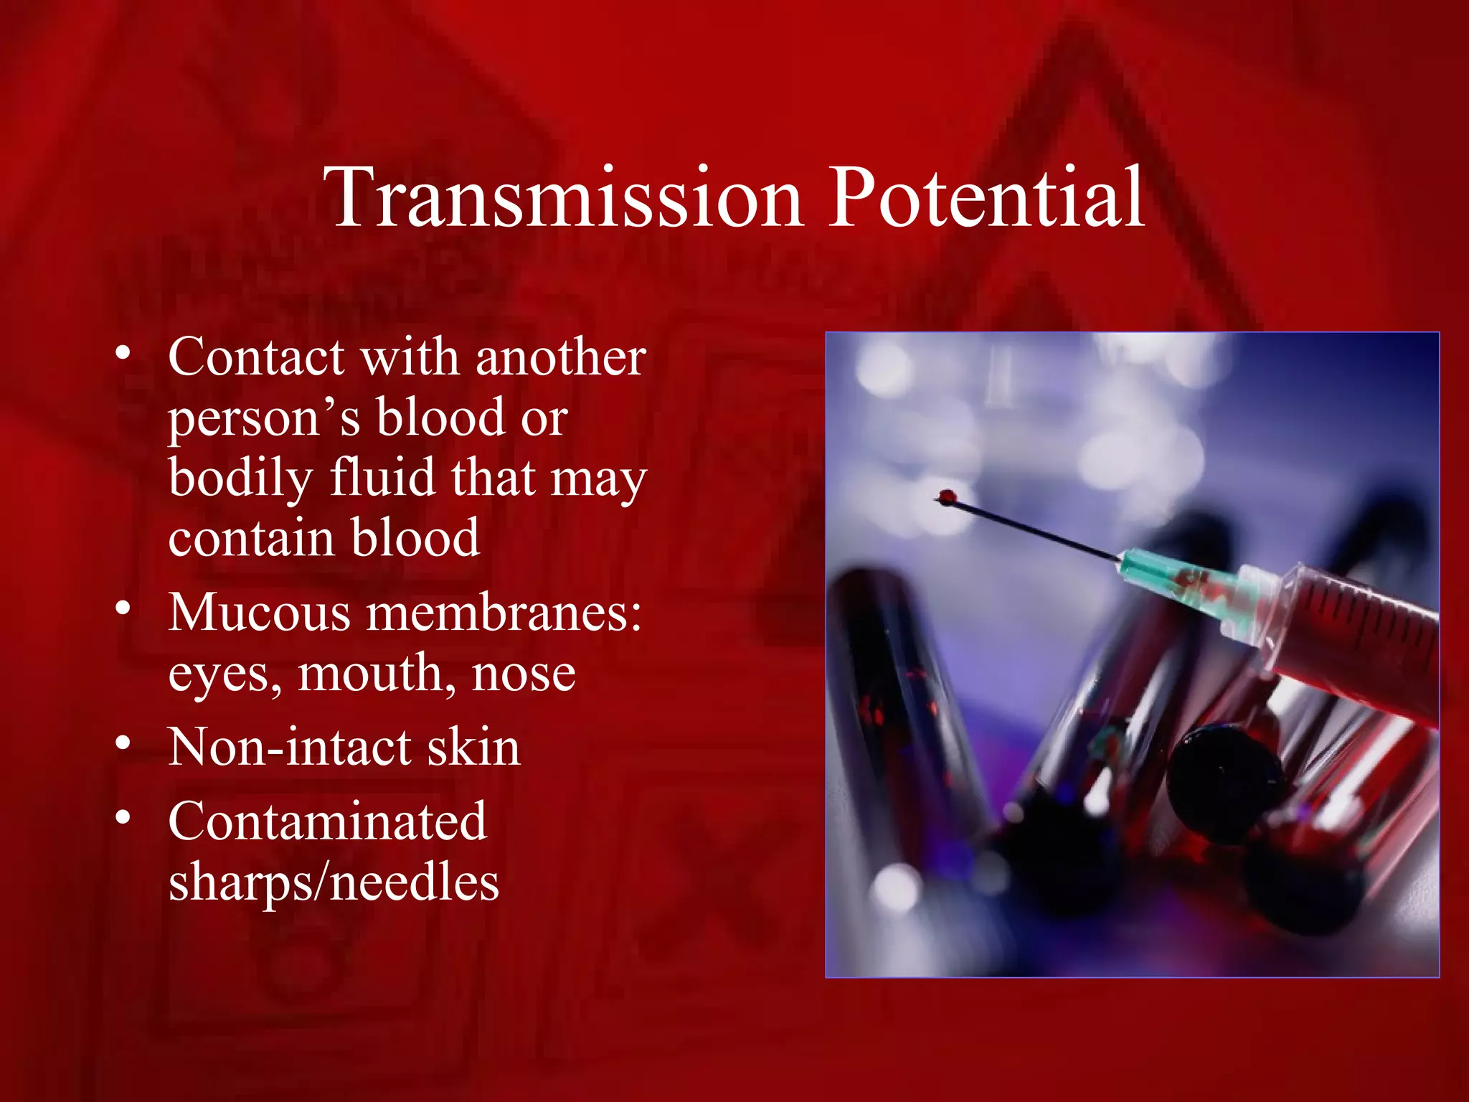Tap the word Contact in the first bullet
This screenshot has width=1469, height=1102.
257,357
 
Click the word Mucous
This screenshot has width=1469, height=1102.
260,613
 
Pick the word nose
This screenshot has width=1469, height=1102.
524,676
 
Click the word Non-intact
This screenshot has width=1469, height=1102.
289,747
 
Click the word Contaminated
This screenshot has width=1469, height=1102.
328,821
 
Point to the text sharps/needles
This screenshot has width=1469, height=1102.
334,882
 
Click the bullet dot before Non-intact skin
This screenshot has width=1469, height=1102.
123,743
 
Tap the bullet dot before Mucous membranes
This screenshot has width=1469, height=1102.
123,609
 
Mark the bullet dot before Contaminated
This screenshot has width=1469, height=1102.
123,817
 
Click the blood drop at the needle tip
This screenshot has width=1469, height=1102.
947,496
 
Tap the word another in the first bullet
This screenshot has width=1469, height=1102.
561,357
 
